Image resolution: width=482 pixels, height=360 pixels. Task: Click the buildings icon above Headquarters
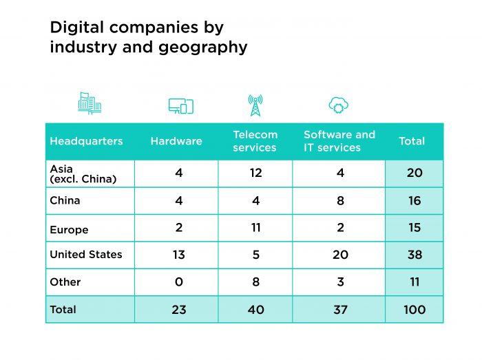point(90,104)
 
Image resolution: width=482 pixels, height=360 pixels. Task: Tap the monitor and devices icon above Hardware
point(180,106)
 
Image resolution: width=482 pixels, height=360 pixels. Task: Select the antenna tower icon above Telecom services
point(255,105)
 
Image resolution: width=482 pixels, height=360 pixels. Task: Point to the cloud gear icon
point(338,105)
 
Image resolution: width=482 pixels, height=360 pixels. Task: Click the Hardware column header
point(176,141)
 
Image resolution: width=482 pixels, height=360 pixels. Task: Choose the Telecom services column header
point(255,141)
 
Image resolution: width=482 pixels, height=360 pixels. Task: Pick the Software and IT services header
point(339,141)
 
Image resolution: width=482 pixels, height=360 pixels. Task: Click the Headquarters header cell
point(86,141)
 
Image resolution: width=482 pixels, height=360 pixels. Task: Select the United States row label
point(86,255)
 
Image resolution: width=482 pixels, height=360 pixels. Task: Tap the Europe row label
point(69,230)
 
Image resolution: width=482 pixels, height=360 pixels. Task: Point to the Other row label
point(65,282)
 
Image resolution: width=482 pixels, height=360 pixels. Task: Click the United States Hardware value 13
point(178,255)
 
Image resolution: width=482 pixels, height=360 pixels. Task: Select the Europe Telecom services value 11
point(255,228)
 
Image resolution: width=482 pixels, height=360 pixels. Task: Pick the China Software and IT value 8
point(340,200)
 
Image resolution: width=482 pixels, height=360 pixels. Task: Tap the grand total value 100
point(414,310)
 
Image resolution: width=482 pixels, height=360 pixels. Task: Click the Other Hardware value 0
point(178,282)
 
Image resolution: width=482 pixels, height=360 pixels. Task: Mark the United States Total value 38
point(414,255)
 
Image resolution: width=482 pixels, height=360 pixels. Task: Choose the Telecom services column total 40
point(255,310)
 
